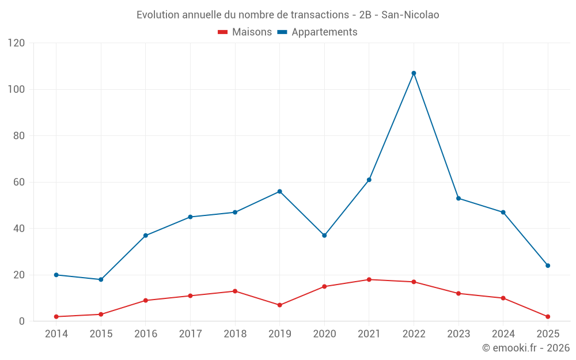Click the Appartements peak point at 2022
click(414, 73)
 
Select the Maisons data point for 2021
click(369, 279)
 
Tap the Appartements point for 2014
click(56, 275)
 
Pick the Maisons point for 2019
click(279, 305)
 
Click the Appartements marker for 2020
click(324, 236)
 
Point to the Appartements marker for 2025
click(548, 266)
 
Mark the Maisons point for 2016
click(146, 300)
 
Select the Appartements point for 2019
click(279, 191)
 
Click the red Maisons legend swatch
click(223, 32)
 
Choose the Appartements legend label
click(324, 32)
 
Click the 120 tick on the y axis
click(17, 43)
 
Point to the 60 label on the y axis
click(19, 182)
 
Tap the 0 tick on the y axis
click(22, 321)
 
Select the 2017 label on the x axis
click(190, 334)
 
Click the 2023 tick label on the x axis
click(458, 334)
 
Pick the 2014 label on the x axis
click(56, 334)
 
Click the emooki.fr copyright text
click(526, 348)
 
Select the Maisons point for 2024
click(503, 298)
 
